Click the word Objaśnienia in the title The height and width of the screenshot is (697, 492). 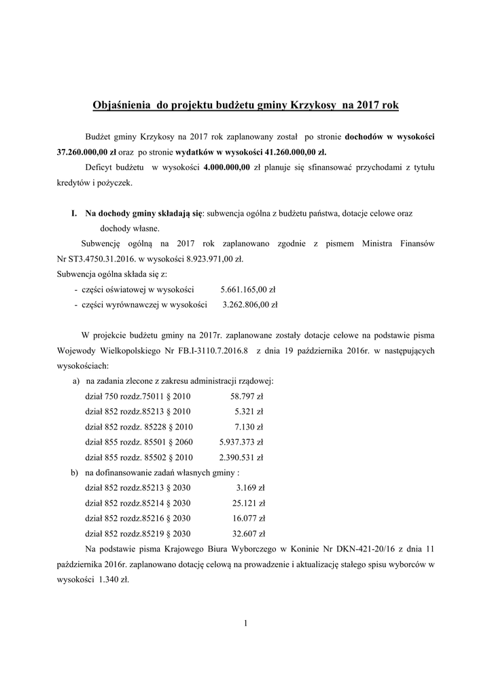pyautogui.click(x=121, y=106)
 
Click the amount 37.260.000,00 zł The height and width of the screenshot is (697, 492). pyautogui.click(x=87, y=152)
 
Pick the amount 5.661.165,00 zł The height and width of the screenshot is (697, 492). pyautogui.click(x=249, y=289)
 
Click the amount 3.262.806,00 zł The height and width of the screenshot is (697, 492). pyautogui.click(x=249, y=305)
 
